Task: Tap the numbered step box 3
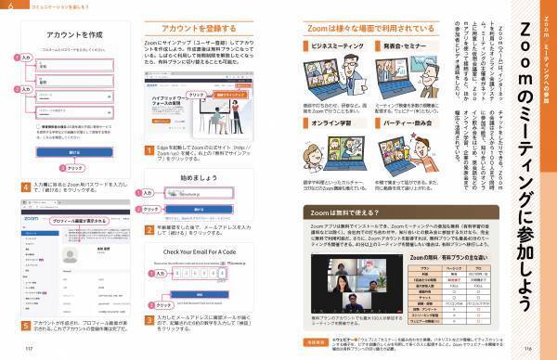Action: coord(149,318)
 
